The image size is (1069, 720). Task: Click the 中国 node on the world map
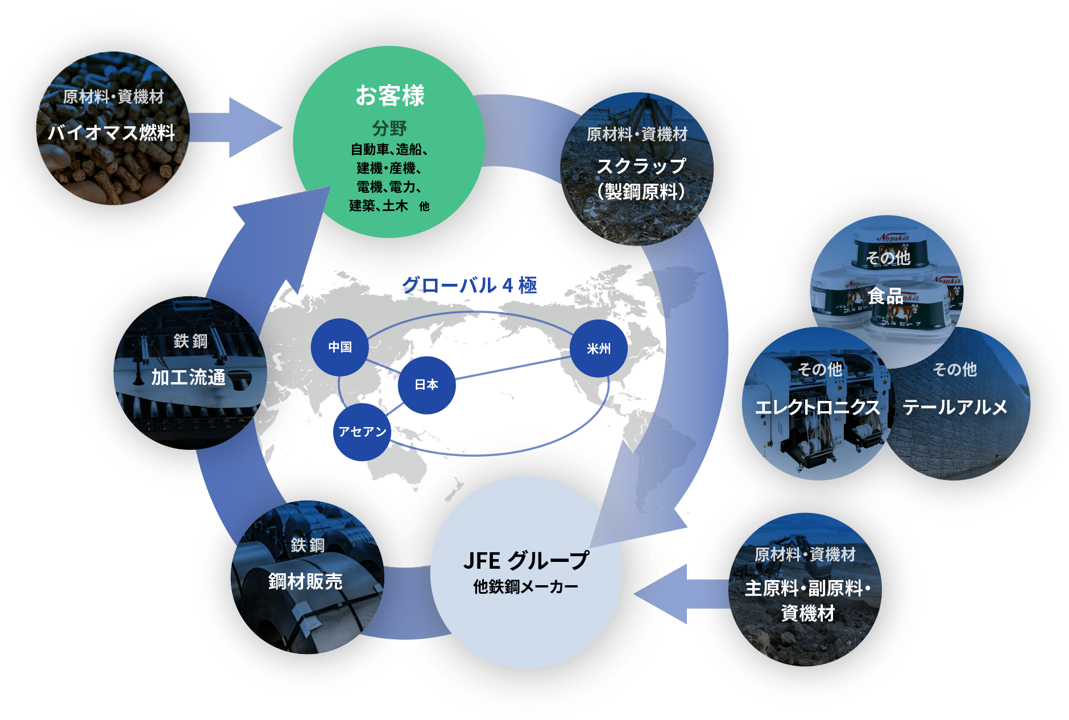[339, 347]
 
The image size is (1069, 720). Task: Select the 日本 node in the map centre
[426, 385]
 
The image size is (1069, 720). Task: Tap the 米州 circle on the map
[599, 349]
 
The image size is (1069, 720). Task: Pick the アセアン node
[362, 432]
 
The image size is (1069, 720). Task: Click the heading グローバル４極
[470, 285]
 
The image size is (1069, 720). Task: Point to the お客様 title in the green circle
[390, 96]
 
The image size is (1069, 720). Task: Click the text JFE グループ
[526, 561]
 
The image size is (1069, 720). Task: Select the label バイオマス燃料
[111, 133]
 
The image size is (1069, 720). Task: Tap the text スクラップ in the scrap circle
[641, 166]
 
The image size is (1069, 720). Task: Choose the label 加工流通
[189, 377]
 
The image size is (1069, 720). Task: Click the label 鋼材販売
[305, 581]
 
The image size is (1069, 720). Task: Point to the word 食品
[885, 296]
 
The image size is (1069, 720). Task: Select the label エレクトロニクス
[818, 407]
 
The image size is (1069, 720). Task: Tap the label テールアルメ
[955, 407]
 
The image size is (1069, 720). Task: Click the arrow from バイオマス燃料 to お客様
[235, 128]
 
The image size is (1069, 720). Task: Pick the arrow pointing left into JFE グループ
[681, 594]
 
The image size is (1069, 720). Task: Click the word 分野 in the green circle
[390, 128]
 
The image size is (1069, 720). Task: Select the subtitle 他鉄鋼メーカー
[525, 586]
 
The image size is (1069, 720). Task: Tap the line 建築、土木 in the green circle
[379, 205]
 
